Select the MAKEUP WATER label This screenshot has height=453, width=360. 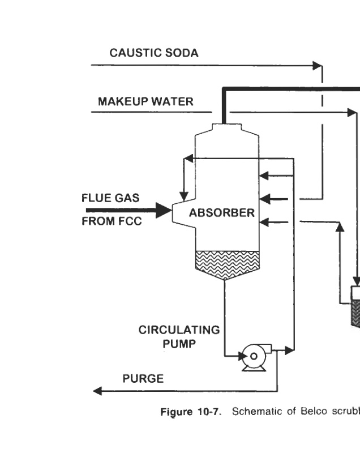[145, 102]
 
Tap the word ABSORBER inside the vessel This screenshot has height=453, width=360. [222, 213]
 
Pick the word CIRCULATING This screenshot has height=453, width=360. [179, 331]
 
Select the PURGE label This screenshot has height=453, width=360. [143, 379]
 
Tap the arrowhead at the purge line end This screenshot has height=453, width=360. [97, 391]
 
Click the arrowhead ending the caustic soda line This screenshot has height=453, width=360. [318, 66]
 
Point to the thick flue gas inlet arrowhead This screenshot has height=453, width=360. [165, 211]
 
